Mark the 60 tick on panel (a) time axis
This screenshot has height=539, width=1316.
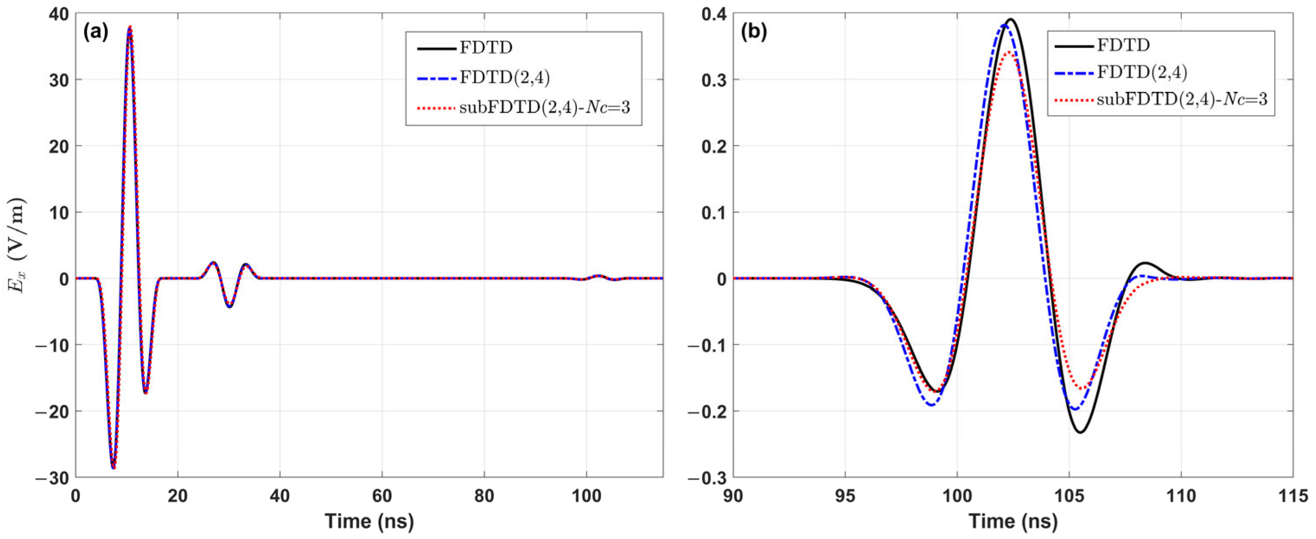point(382,495)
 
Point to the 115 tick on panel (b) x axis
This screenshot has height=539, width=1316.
point(1293,495)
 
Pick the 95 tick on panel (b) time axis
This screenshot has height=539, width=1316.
point(845,495)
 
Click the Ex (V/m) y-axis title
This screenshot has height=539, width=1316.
point(16,245)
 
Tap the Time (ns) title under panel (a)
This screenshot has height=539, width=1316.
point(369,522)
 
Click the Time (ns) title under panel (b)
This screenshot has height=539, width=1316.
point(1013,522)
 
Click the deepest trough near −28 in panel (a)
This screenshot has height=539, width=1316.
point(114,467)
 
